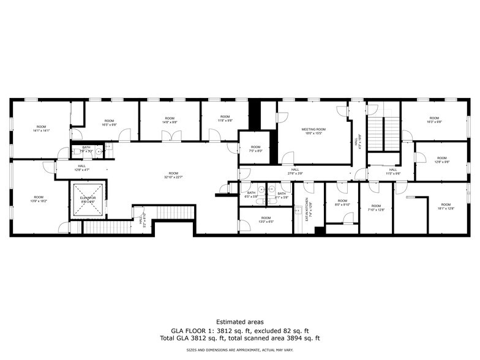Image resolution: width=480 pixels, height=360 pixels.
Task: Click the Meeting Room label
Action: coord(313,130)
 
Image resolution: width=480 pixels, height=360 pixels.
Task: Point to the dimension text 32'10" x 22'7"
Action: coord(174,178)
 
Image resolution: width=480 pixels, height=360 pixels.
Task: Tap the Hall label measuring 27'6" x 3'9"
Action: coord(295,173)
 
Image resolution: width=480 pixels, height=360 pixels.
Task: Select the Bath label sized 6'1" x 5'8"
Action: coord(281,195)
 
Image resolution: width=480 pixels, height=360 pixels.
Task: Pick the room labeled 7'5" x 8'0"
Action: coord(255,149)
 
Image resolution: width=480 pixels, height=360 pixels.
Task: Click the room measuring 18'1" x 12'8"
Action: coord(445,207)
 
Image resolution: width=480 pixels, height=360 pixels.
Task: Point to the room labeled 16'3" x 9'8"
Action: coord(434,120)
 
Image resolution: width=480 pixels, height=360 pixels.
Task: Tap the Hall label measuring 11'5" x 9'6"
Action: coord(392,172)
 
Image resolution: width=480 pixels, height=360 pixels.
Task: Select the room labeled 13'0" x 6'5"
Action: coord(266,220)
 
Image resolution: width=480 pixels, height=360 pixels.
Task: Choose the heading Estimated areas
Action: coord(239,321)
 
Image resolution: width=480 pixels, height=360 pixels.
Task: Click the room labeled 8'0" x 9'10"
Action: coord(342,203)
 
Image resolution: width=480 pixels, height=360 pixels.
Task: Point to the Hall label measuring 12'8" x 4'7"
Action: coord(81,167)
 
